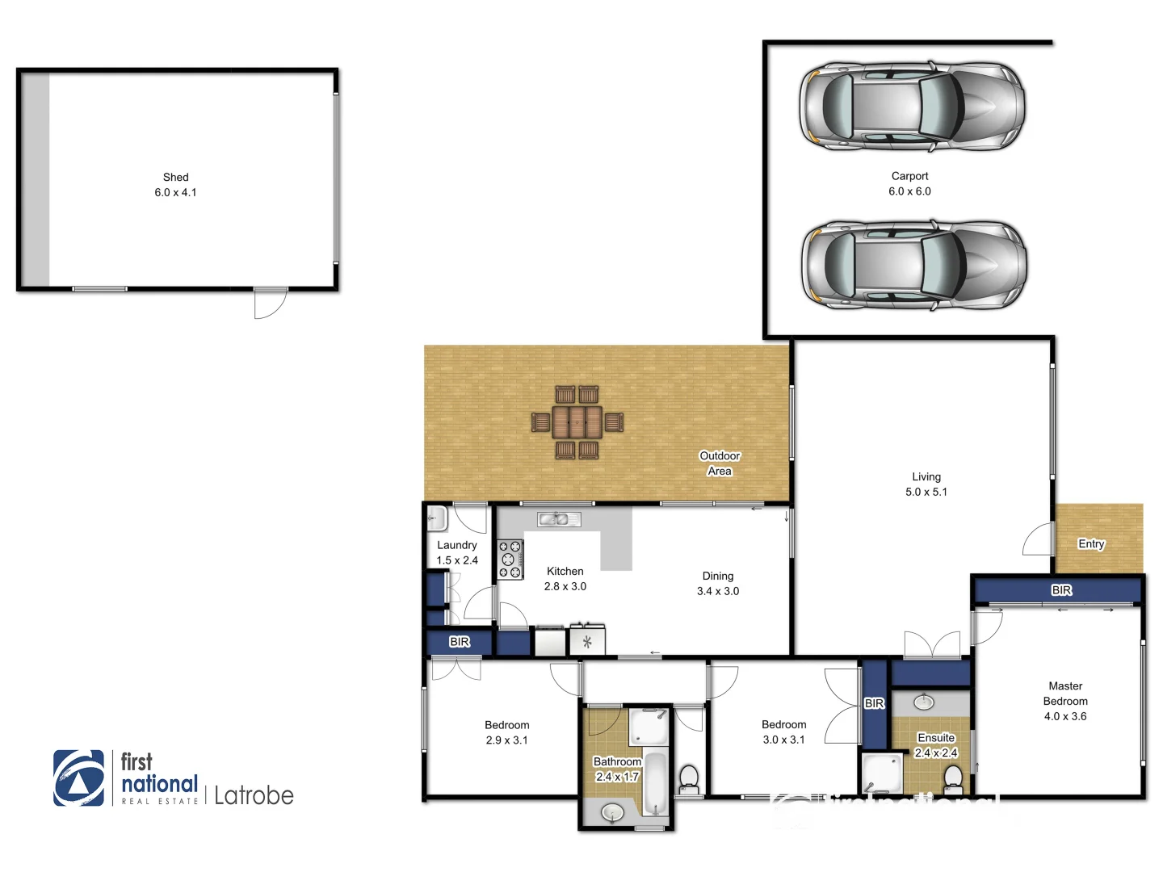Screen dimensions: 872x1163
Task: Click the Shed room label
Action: [x=175, y=177]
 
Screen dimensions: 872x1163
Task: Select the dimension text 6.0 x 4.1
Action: [x=175, y=192]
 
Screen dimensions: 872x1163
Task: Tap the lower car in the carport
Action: [x=913, y=265]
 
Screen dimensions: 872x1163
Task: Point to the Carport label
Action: [x=909, y=176]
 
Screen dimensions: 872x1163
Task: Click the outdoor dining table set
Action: [x=577, y=422]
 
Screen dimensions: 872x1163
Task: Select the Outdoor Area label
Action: [x=720, y=463]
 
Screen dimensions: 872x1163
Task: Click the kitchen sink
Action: [x=559, y=519]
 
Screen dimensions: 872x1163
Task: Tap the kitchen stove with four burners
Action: [x=510, y=560]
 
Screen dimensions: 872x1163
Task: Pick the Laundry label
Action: [x=456, y=545]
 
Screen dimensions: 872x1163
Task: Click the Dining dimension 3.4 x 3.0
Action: [x=717, y=591]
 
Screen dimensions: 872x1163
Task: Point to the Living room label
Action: [x=926, y=476]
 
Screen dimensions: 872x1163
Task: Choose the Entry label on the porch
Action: [x=1091, y=543]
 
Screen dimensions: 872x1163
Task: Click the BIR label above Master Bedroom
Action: [x=1061, y=590]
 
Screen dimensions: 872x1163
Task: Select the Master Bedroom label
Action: [x=1065, y=694]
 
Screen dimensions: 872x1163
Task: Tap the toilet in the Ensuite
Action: [x=953, y=779]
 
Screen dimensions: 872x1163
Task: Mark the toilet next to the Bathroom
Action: [x=689, y=779]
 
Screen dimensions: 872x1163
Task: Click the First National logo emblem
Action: [x=78, y=778]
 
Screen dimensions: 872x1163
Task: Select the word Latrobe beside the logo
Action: [x=254, y=795]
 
